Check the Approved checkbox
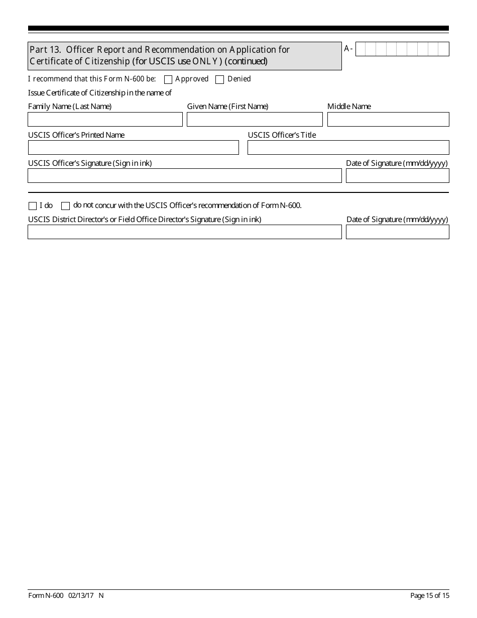[168, 79]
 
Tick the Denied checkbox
[219, 79]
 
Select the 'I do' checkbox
[33, 205]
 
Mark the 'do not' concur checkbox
[65, 205]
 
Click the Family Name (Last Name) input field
[105, 120]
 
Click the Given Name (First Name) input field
[255, 120]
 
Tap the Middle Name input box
[388, 120]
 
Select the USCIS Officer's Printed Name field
[133, 148]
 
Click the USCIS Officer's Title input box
[348, 148]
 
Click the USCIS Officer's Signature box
[184, 176]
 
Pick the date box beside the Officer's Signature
[397, 176]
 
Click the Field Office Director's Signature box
[184, 232]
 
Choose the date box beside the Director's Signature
[397, 232]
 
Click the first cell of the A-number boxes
[360, 49]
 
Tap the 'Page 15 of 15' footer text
[430, 596]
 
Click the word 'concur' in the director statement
[105, 205]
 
